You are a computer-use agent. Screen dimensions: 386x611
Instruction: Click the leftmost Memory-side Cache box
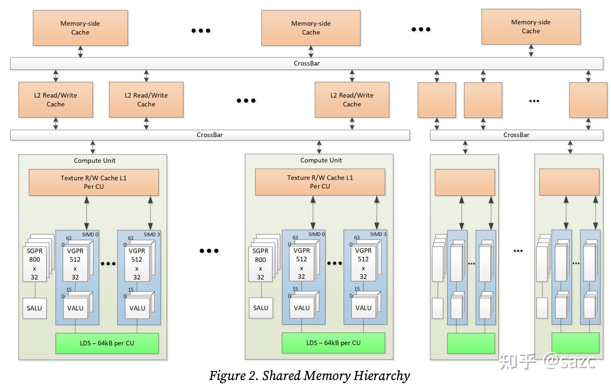click(80, 28)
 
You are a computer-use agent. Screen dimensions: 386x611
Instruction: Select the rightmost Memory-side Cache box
click(531, 27)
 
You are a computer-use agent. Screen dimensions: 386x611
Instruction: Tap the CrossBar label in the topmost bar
click(306, 64)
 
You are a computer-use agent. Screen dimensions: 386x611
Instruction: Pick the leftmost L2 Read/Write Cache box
click(56, 100)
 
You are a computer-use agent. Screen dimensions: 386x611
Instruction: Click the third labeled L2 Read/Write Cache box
click(352, 100)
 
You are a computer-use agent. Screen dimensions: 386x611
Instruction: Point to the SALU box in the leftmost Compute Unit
click(34, 308)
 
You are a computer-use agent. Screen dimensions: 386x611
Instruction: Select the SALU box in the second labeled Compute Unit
click(261, 308)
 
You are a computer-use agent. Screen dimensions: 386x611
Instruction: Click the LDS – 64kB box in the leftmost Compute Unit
click(107, 343)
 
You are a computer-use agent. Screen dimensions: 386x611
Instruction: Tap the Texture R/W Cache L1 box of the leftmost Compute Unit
click(94, 182)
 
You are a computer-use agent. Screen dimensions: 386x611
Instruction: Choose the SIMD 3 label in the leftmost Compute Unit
click(151, 235)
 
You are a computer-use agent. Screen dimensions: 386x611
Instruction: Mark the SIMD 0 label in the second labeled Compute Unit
click(316, 234)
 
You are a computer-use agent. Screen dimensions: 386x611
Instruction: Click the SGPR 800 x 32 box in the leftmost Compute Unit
click(34, 264)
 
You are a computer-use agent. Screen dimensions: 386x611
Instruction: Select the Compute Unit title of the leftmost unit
click(95, 161)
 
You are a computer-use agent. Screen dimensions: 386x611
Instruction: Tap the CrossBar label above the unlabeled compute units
click(516, 135)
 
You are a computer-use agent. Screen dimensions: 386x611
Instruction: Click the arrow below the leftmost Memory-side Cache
click(80, 52)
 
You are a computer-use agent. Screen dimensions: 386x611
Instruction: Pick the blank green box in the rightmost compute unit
click(575, 343)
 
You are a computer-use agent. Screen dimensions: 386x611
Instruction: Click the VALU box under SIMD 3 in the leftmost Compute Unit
click(137, 308)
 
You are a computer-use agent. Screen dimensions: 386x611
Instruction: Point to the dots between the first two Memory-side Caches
click(201, 31)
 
